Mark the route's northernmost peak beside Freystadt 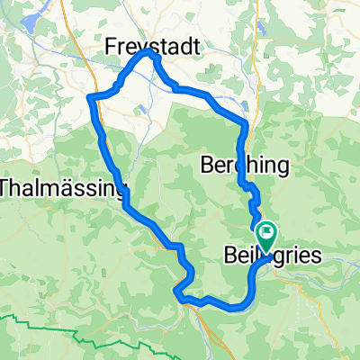pos(150,54)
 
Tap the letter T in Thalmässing pos(7,188)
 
